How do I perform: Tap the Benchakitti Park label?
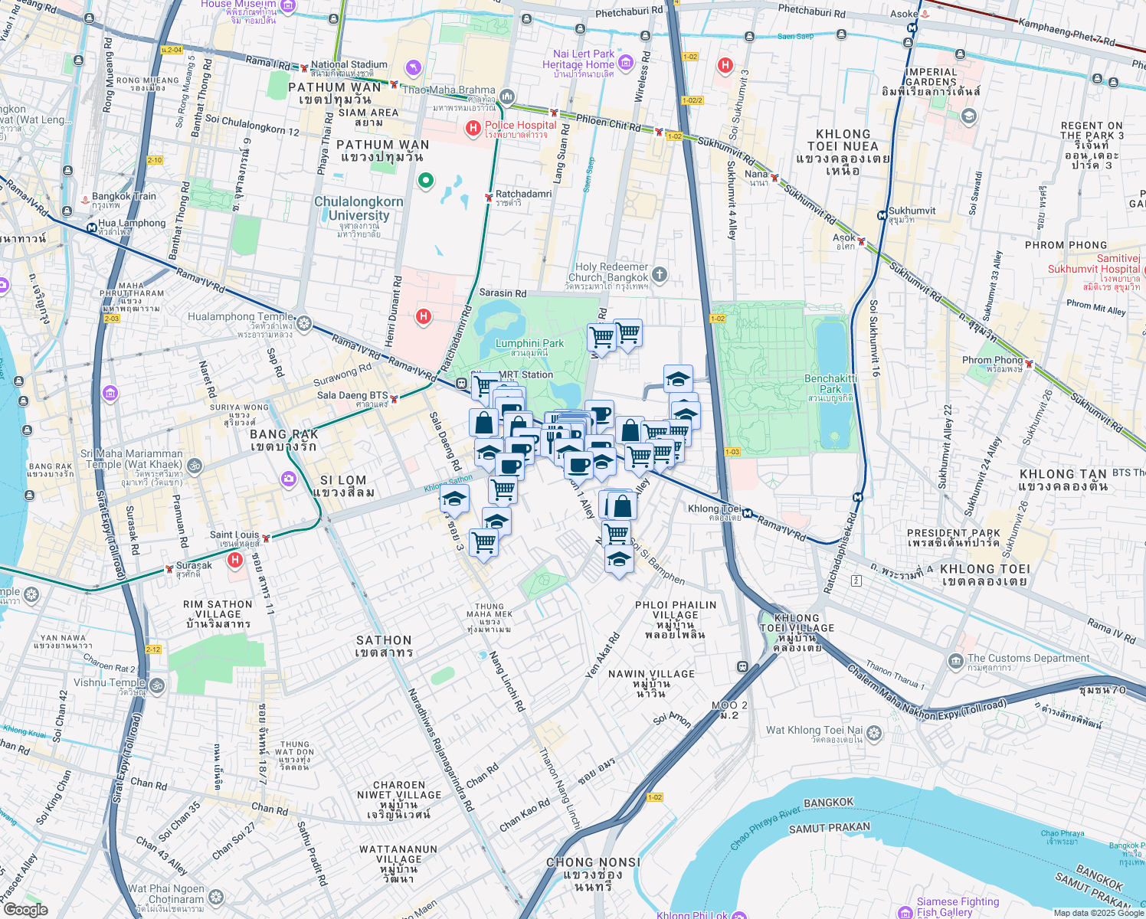[830, 384]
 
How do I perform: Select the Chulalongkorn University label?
[359, 208]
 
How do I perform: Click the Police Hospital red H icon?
[473, 128]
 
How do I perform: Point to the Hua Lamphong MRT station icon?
[91, 227]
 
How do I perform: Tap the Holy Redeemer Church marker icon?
[660, 275]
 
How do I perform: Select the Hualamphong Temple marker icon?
[304, 323]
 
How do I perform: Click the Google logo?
[25, 909]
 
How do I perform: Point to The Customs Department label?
[1028, 659]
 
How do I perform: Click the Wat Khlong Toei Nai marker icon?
[874, 734]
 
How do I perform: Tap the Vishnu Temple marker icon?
[157, 685]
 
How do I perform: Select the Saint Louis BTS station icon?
[266, 538]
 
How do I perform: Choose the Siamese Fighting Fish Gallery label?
[958, 907]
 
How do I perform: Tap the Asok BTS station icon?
[861, 242]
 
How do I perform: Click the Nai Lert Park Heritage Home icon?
[626, 62]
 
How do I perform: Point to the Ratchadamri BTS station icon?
[488, 198]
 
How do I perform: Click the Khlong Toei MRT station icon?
[746, 514]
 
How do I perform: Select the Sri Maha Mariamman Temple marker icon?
[195, 464]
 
